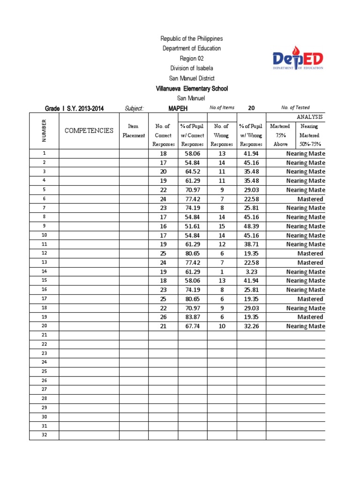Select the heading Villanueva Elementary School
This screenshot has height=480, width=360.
[x=191, y=89]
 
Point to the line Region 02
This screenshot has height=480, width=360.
[x=191, y=58]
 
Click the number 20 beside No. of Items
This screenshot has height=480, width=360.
[x=251, y=108]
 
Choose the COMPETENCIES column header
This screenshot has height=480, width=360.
[x=89, y=130]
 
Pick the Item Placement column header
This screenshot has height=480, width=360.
[x=134, y=131]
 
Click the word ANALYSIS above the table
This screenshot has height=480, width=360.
[x=310, y=117]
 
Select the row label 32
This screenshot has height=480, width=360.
[x=44, y=435]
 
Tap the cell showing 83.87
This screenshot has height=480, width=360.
[x=193, y=317]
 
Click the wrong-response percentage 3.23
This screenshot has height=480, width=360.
[x=251, y=272]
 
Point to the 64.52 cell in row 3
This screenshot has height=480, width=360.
[x=193, y=172]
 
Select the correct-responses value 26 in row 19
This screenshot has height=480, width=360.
[x=163, y=317]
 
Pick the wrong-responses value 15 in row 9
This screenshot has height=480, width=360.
[x=222, y=226]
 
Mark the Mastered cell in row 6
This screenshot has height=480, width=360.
[x=310, y=199]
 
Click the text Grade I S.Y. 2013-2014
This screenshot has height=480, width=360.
[x=74, y=109]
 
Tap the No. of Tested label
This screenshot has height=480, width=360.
[x=295, y=108]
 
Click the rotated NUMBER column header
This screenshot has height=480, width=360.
[x=44, y=130]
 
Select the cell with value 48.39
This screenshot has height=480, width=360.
[x=251, y=226]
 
